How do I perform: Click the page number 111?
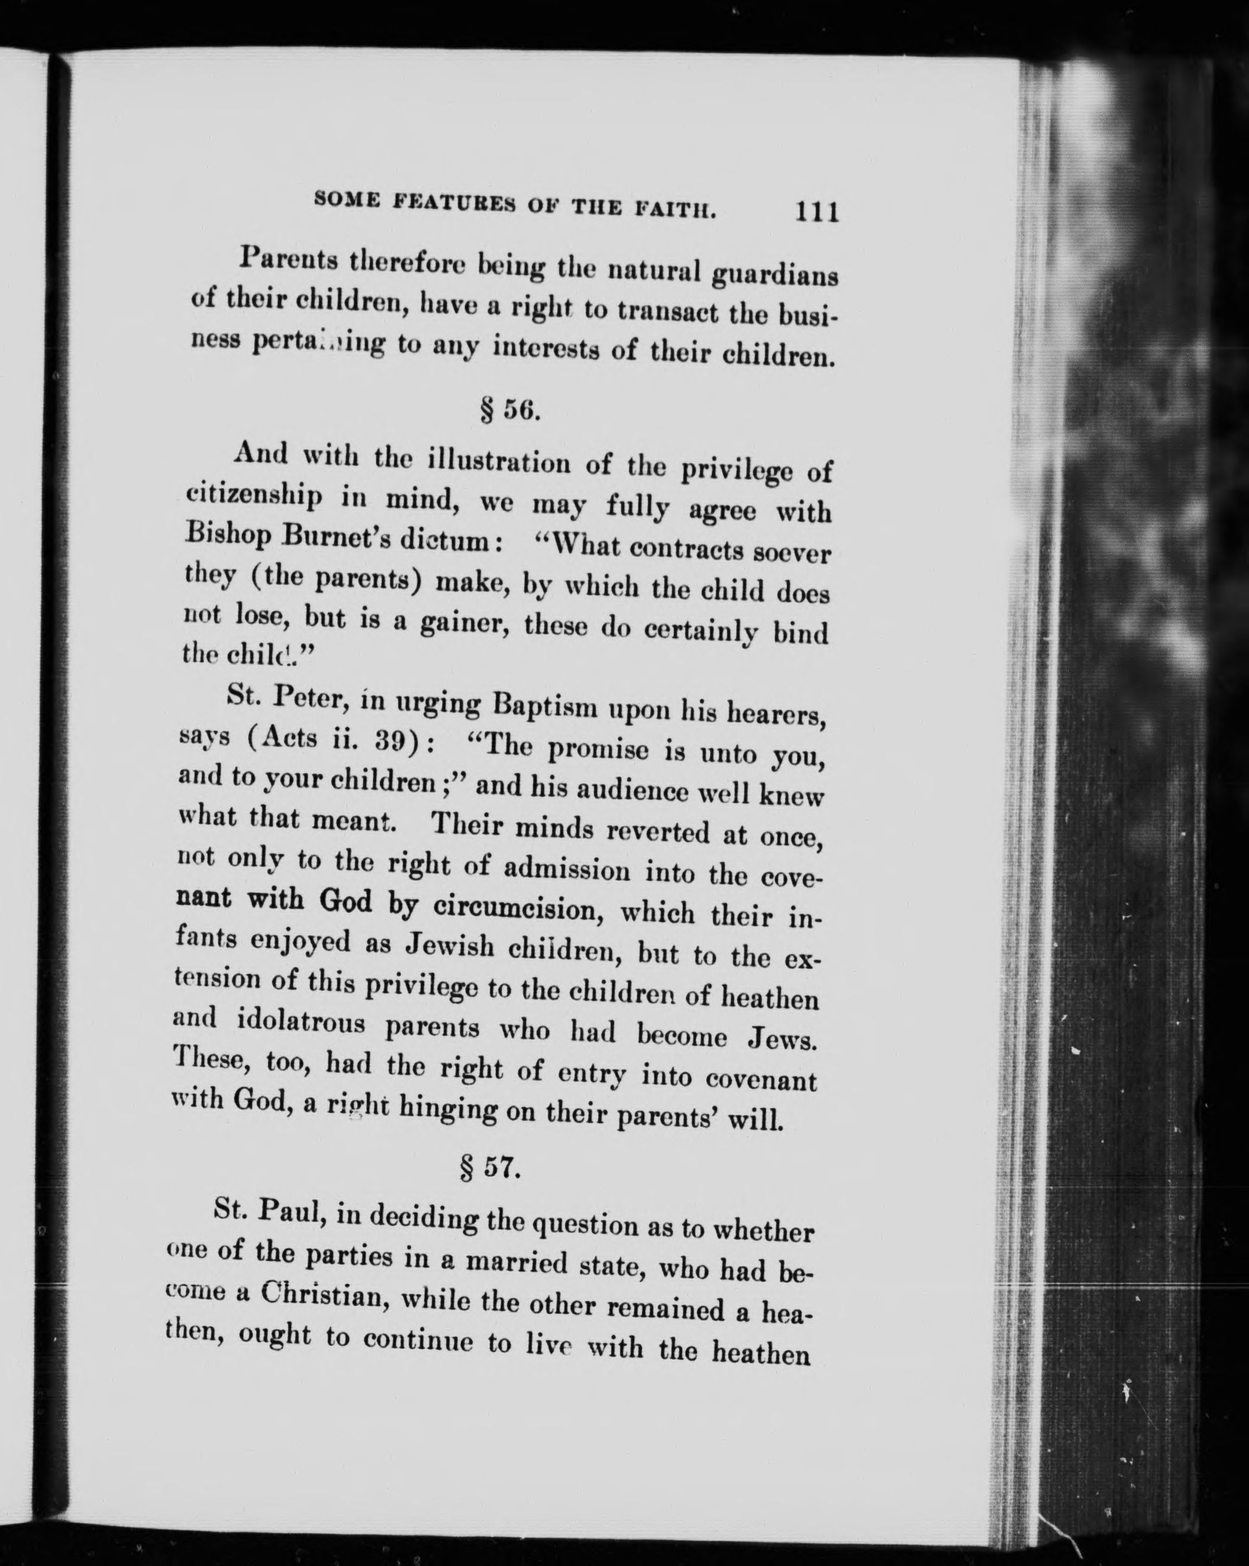point(818,212)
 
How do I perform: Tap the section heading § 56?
point(510,410)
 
